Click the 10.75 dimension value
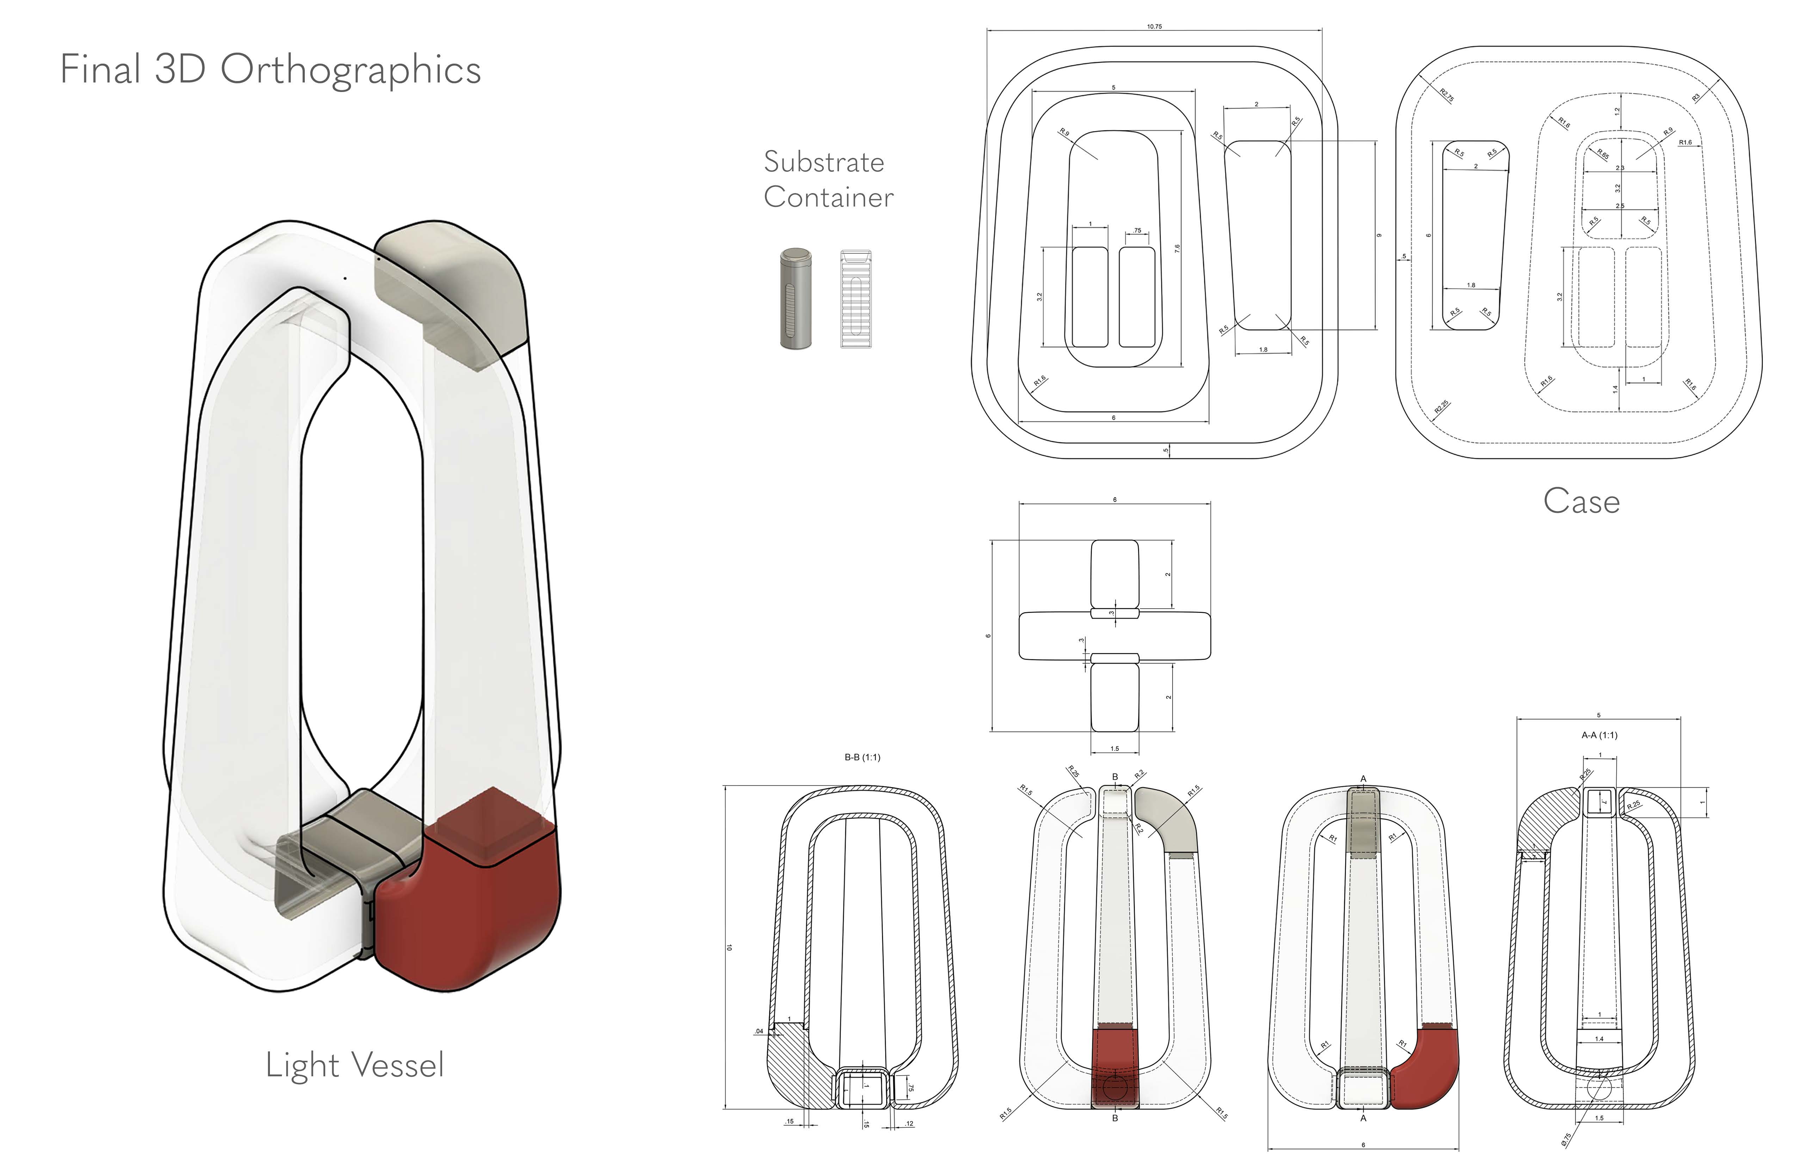tap(1154, 26)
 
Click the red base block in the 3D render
tap(472, 899)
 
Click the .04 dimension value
tap(759, 1031)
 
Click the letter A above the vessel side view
tap(1363, 779)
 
